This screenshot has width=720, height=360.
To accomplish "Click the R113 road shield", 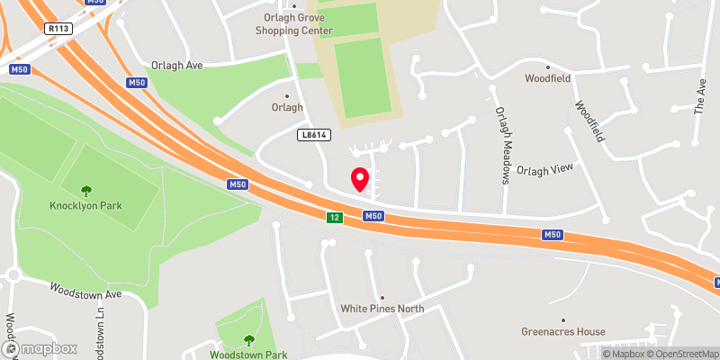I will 59,28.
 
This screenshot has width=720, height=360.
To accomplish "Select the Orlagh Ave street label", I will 176,66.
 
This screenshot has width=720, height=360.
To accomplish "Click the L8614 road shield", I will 312,134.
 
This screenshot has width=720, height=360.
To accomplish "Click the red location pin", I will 360,179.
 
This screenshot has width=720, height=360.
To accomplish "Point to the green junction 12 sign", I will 333,217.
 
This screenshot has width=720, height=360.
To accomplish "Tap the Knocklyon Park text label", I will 86,205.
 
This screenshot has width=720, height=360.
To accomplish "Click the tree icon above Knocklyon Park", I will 86,190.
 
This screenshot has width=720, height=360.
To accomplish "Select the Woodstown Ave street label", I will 85,293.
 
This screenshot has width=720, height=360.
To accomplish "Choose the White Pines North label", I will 382,309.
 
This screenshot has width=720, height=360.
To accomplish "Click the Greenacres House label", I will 563,331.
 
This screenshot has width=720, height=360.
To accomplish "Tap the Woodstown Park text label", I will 249,355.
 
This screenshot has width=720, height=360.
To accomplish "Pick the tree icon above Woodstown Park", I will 249,339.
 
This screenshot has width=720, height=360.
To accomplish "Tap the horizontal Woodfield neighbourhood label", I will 549,78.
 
